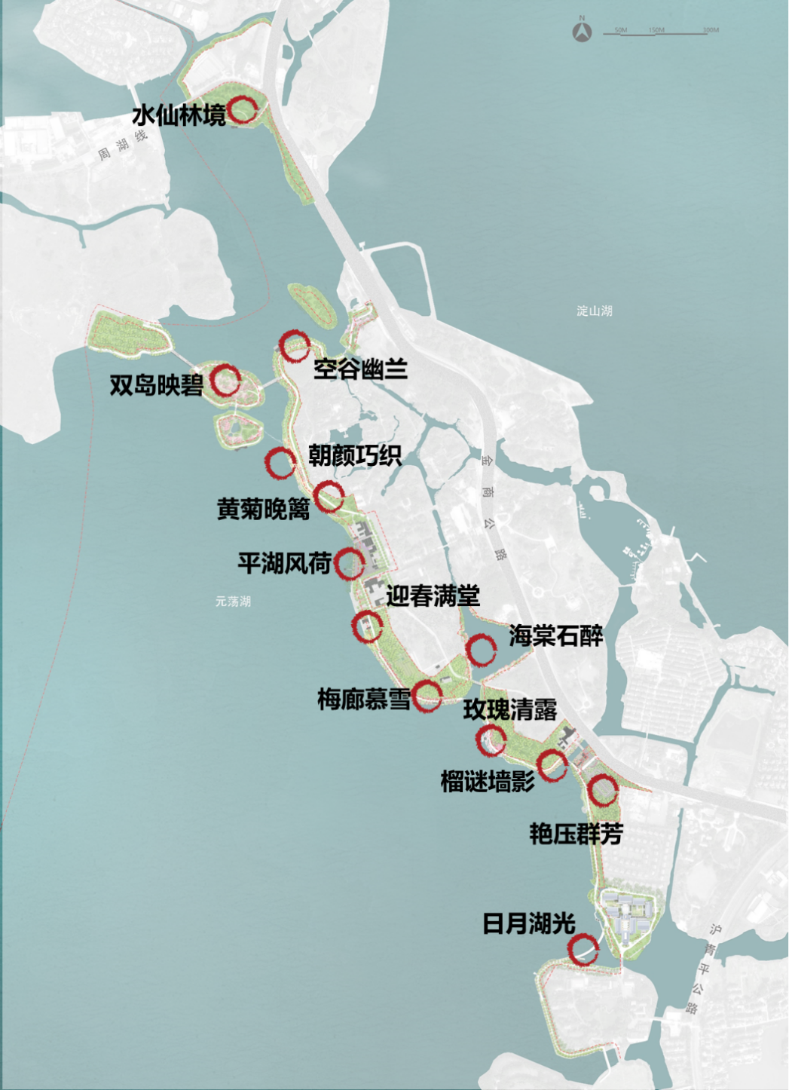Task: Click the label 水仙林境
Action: [x=179, y=115]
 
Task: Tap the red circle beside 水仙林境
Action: [x=243, y=110]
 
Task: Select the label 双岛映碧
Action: [x=156, y=385]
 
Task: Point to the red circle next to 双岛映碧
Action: [x=225, y=380]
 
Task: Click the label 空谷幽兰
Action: [x=360, y=369]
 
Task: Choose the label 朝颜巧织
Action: [x=354, y=455]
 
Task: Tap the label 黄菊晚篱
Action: [x=263, y=509]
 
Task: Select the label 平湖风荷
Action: [x=284, y=562]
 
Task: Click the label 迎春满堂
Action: [x=433, y=596]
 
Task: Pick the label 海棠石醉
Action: [x=555, y=635]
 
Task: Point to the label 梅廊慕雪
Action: [x=363, y=699]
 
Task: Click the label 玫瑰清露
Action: [x=509, y=709]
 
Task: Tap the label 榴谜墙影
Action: [x=487, y=781]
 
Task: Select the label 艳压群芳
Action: [x=576, y=834]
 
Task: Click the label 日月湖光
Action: [x=528, y=923]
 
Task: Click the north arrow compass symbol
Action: [x=582, y=32]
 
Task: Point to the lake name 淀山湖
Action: [x=594, y=311]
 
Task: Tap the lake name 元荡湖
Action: [x=233, y=602]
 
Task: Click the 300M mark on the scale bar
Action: [x=711, y=30]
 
